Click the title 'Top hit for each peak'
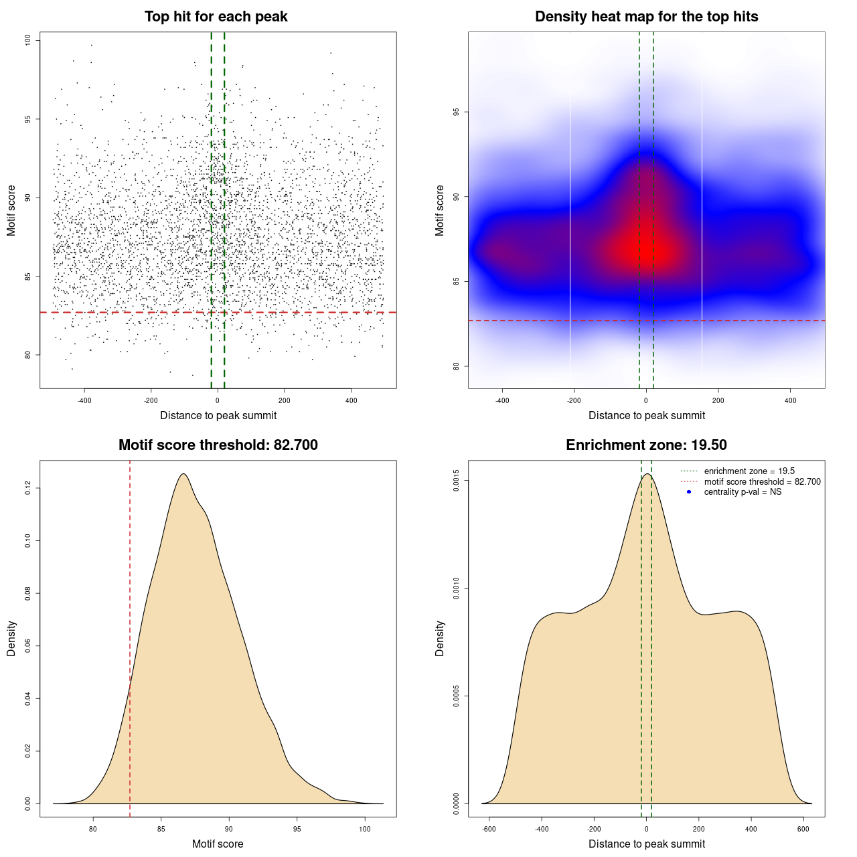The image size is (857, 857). [216, 17]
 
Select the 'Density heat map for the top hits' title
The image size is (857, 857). [646, 17]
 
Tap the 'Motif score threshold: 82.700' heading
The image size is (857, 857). [218, 445]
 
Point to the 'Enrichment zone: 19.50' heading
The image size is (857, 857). [646, 445]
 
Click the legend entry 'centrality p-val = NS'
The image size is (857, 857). [743, 492]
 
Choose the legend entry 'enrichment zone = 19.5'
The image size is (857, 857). [749, 471]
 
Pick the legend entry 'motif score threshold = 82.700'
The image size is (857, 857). [762, 482]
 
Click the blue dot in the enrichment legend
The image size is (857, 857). [689, 492]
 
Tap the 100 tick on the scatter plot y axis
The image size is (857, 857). [28, 41]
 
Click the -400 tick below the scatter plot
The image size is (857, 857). [84, 400]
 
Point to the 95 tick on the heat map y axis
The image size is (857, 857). [457, 112]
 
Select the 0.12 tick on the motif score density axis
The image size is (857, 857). [28, 489]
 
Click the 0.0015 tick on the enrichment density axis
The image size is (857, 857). [457, 481]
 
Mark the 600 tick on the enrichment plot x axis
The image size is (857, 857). [803, 829]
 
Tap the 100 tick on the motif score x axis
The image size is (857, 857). [365, 829]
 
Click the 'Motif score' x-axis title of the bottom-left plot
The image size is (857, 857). [218, 844]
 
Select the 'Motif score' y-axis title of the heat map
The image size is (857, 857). [440, 210]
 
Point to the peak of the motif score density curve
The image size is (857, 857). [183, 474]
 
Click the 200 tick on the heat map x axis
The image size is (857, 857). [718, 400]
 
